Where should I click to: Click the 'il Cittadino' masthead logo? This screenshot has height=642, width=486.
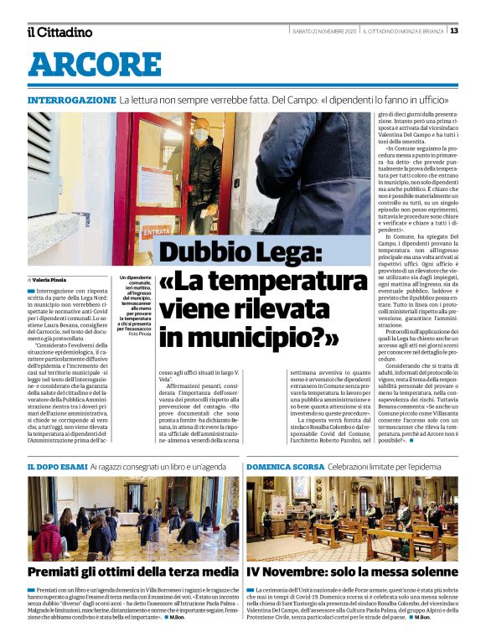[x=59, y=32]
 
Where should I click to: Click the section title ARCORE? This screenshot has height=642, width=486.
[x=94, y=65]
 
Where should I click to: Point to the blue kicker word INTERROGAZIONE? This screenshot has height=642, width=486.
[x=71, y=100]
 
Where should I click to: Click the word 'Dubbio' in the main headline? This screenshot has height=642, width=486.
[x=198, y=253]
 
